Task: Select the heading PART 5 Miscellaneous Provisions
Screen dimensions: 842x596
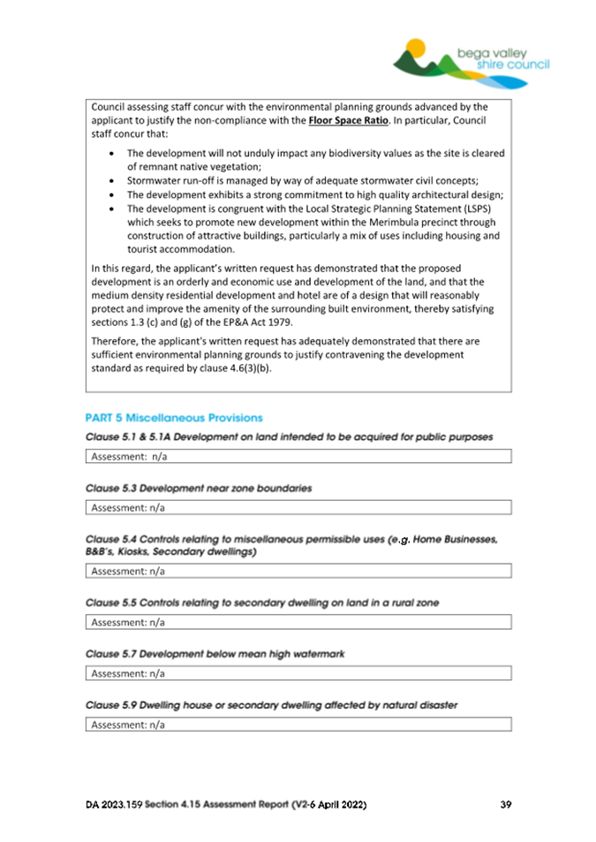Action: (174, 417)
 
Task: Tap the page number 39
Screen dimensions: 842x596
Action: (505, 805)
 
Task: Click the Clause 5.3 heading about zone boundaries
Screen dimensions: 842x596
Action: (199, 488)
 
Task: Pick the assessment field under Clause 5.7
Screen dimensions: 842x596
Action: (300, 673)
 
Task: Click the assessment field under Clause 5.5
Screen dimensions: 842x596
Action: (300, 622)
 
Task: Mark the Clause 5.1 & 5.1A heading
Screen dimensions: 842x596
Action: (289, 436)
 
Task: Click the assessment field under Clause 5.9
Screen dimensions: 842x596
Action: (300, 724)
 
